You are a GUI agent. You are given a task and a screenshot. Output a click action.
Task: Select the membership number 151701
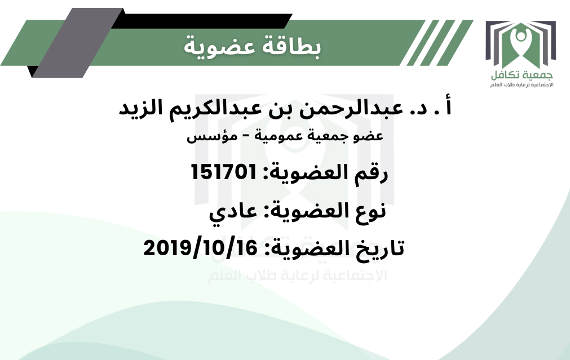[224, 172]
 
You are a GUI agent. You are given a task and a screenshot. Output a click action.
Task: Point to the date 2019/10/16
[200, 248]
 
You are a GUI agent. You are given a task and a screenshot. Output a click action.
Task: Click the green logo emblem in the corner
[521, 45]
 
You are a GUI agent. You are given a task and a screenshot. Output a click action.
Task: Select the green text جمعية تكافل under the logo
[522, 75]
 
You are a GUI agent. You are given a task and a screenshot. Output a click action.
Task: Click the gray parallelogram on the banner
[78, 42]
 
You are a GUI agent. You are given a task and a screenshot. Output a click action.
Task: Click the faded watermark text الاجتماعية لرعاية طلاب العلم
[297, 275]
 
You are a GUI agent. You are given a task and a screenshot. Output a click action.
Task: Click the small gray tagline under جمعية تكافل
[522, 85]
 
